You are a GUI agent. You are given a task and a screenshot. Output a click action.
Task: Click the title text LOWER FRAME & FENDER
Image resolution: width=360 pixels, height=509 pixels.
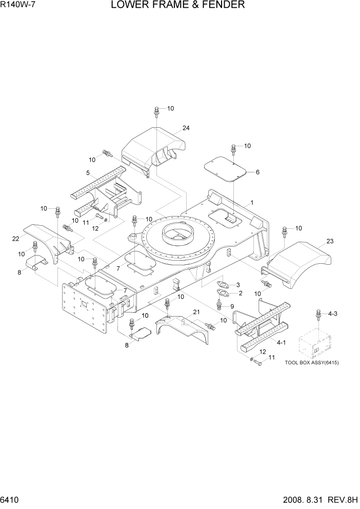coord(177,6)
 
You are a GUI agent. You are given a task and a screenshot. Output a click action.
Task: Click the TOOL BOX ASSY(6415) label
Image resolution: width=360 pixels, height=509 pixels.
coord(312,363)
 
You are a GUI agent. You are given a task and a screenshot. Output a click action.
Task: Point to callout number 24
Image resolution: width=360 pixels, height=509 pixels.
coord(186,128)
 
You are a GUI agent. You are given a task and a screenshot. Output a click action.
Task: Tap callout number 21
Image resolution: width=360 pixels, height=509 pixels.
coord(196,312)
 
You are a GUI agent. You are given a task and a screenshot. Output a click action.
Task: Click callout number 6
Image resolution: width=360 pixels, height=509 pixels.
coord(257,172)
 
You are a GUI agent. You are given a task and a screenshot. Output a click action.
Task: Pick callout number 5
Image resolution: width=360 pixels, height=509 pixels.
coord(88,172)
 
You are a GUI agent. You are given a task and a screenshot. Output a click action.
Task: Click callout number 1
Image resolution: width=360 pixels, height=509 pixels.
coord(252,203)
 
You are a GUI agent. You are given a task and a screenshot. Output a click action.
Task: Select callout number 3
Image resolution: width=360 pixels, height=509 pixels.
coord(237,284)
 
